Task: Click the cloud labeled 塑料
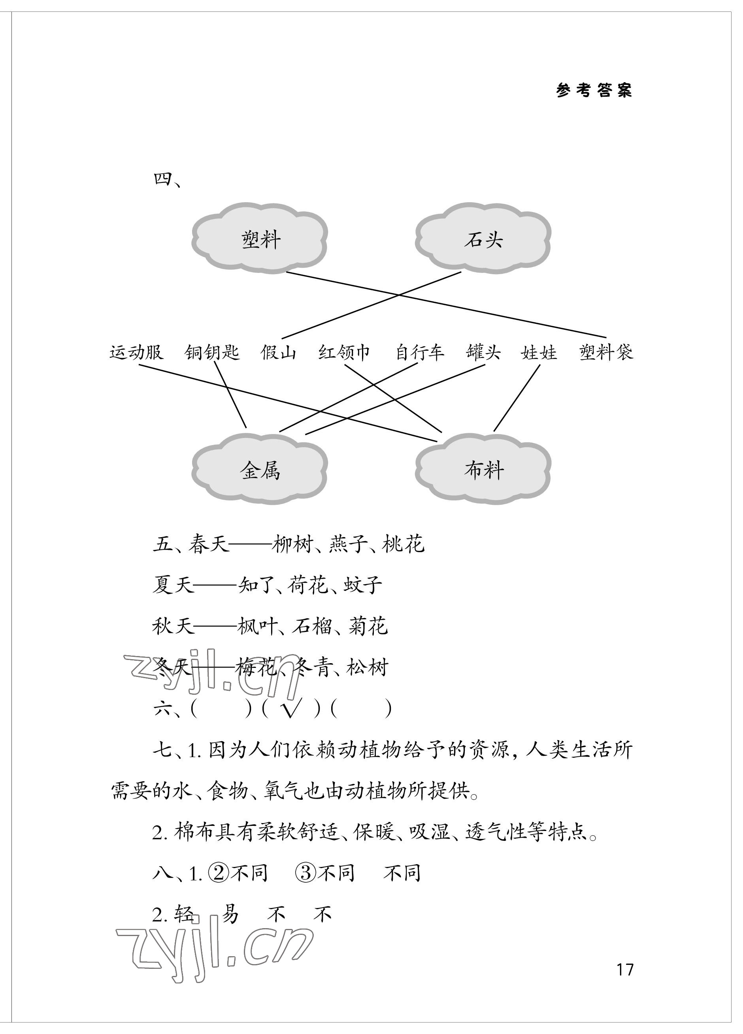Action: click(260, 239)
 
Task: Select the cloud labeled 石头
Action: click(483, 239)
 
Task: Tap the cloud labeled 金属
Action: click(260, 470)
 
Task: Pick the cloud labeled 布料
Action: click(483, 470)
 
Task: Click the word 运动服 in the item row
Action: click(136, 352)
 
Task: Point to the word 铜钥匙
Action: click(211, 352)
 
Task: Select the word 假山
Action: click(278, 352)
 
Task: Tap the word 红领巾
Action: click(344, 352)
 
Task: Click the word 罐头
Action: click(483, 352)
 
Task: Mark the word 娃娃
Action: click(539, 352)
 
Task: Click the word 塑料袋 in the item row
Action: click(606, 352)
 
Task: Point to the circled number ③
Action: click(305, 873)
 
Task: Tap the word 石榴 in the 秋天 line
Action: click(311, 626)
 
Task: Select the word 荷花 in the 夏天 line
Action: click(308, 585)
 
